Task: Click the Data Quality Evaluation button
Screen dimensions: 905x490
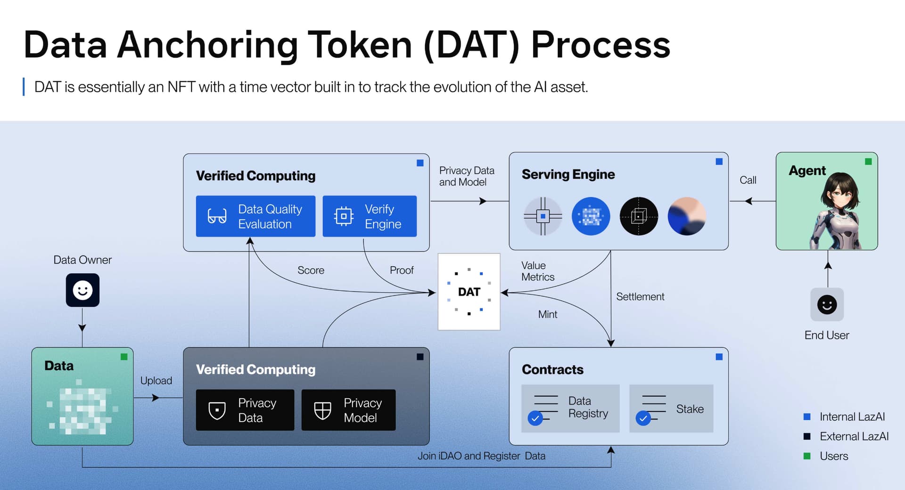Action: [255, 216]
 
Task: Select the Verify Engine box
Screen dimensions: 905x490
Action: [370, 216]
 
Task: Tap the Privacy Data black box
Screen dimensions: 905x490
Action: [245, 410]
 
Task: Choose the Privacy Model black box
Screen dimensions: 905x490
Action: [348, 410]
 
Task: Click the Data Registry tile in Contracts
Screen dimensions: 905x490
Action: [570, 408]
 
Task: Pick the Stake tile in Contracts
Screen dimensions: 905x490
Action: [671, 408]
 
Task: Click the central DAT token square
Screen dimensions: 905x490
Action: [469, 292]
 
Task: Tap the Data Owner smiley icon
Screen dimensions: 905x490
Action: [82, 290]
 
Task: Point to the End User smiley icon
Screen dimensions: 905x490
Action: [827, 304]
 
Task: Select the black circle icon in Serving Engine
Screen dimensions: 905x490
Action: [639, 216]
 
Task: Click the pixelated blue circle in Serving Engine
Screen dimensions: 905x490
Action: [591, 216]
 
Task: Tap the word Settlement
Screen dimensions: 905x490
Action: [640, 296]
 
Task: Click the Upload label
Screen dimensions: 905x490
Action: [156, 381]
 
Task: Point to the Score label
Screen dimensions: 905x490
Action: [311, 270]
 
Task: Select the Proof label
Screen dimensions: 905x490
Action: [402, 270]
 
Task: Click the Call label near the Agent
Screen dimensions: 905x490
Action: [748, 180]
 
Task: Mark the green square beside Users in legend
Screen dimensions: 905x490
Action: [807, 456]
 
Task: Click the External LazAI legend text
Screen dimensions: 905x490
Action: [854, 436]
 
